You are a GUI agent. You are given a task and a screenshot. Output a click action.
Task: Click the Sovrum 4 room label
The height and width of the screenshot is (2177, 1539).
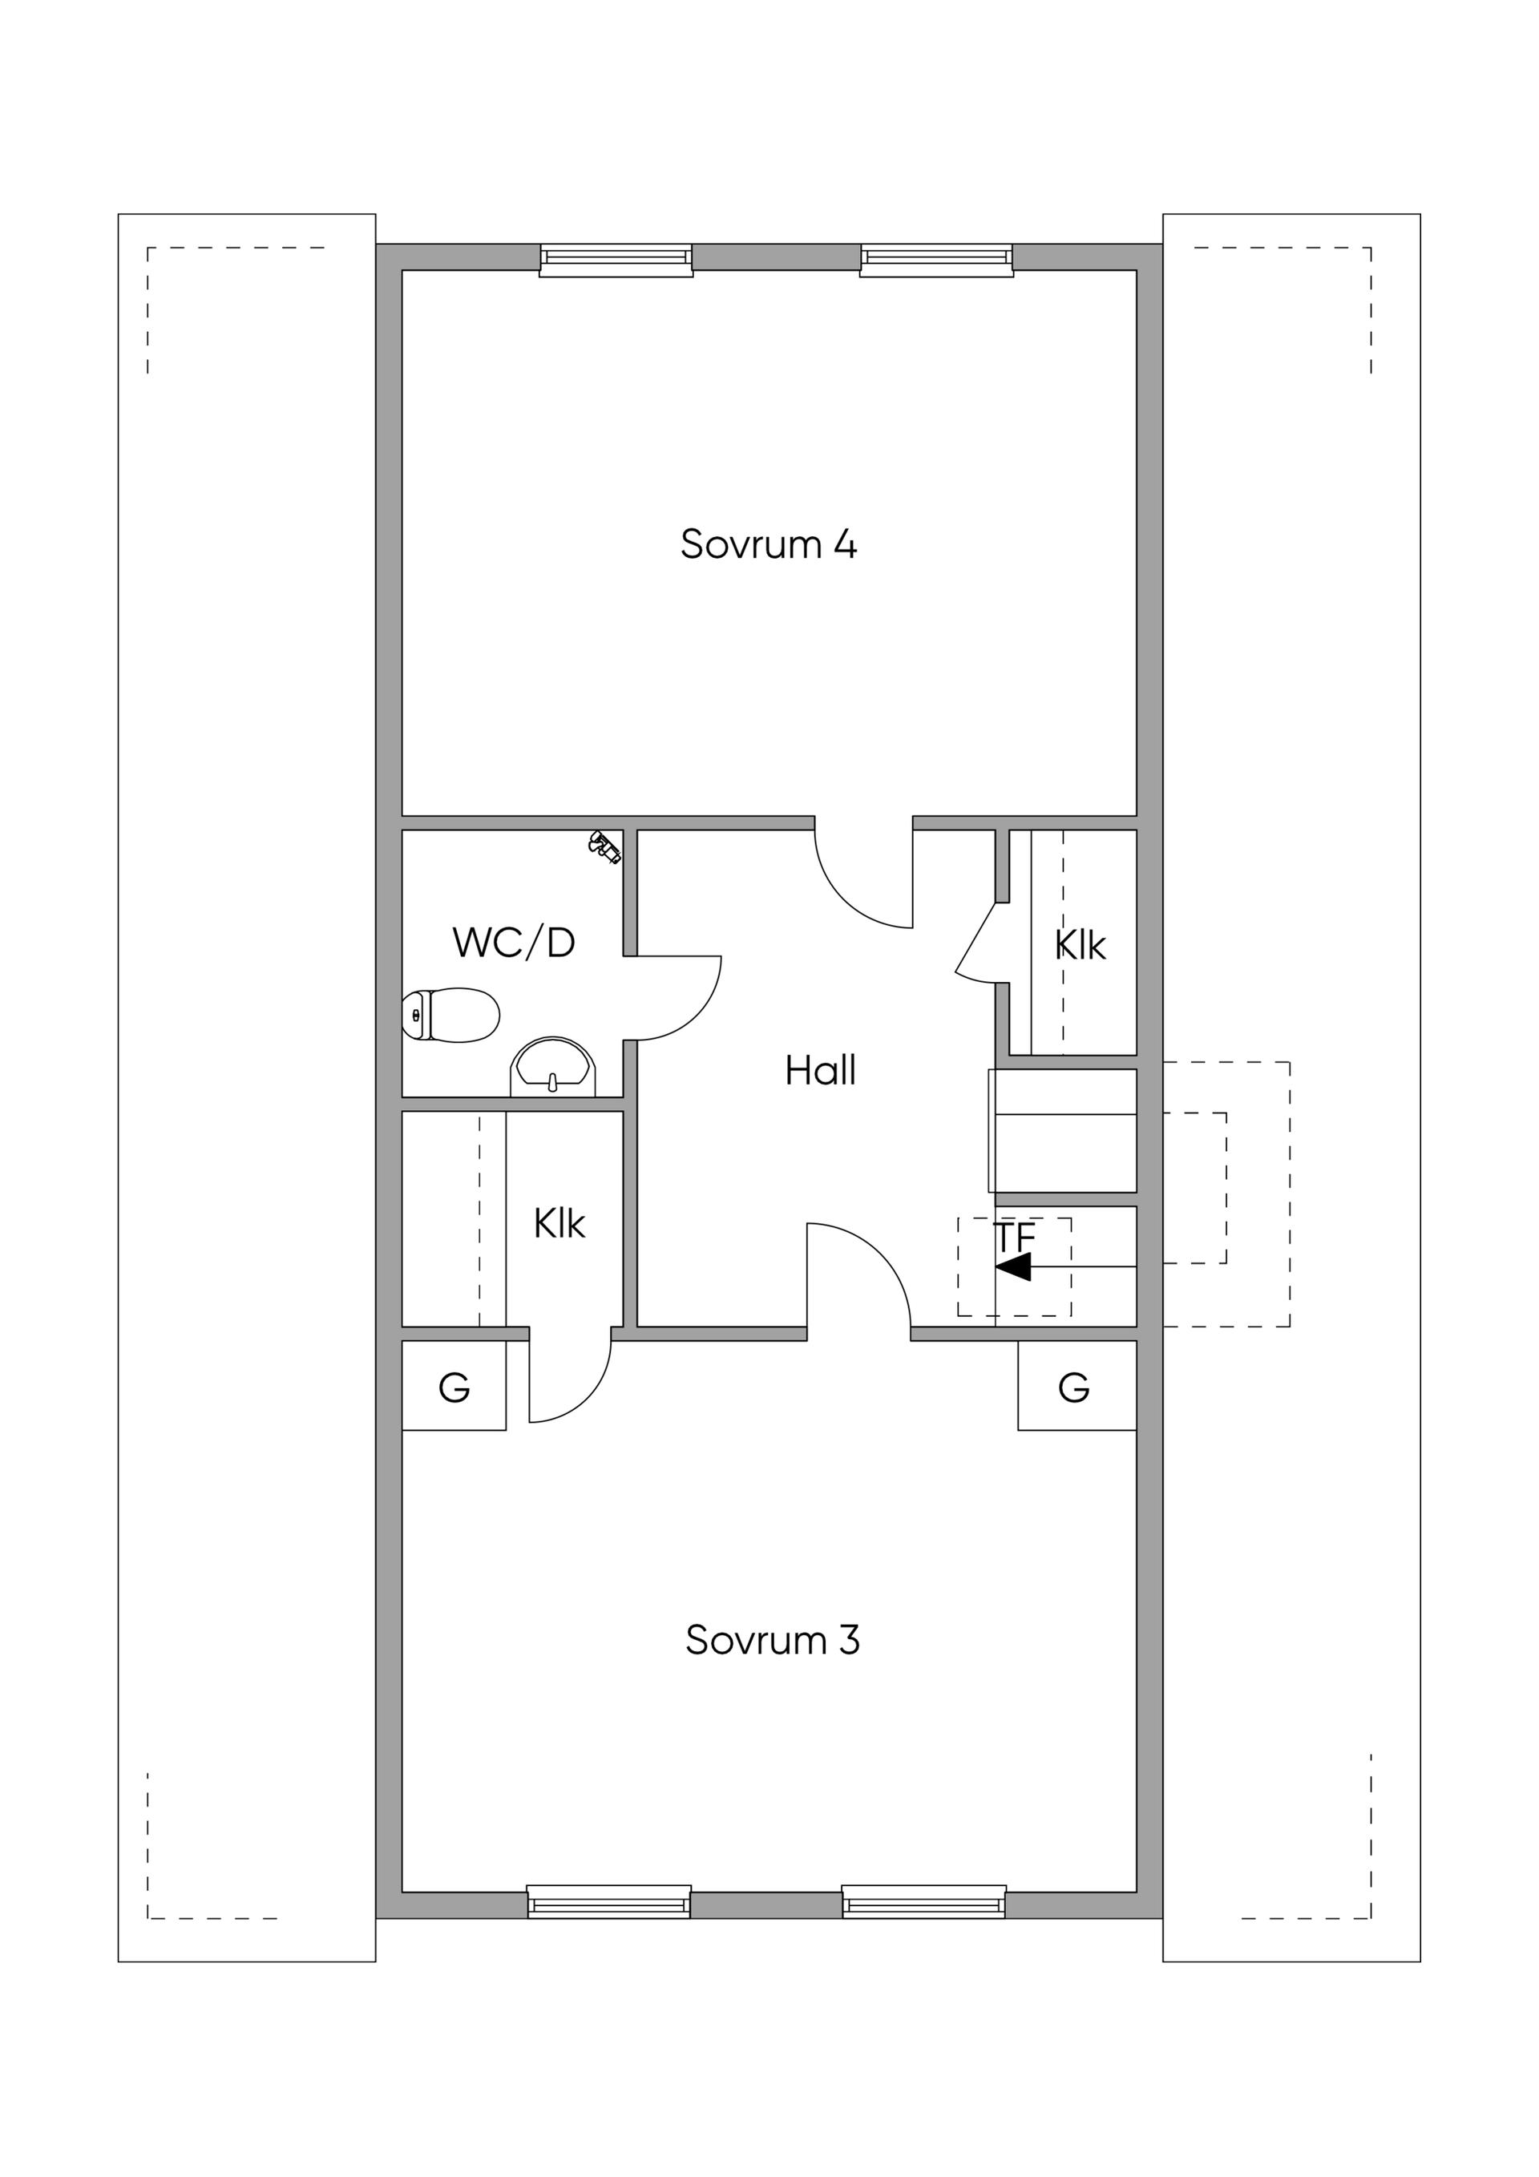coord(769,544)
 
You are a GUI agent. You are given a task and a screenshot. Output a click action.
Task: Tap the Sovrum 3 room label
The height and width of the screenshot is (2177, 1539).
coord(772,1639)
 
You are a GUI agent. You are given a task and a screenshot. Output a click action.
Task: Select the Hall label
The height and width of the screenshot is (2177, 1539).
coord(820,1071)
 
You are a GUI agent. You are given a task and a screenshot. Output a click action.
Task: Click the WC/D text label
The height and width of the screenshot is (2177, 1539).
coord(514,943)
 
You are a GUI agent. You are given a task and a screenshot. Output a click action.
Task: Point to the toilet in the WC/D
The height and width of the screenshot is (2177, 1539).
coord(450,1015)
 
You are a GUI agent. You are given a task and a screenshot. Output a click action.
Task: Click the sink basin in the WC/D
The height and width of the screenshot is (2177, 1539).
coord(554,1067)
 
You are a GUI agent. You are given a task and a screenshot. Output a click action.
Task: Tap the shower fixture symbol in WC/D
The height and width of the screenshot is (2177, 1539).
coord(605,846)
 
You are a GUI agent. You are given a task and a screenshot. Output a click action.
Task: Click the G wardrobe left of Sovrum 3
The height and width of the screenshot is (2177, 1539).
coord(454,1388)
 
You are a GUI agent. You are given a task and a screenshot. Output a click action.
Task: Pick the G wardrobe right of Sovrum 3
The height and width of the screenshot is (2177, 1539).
coord(1077,1388)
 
